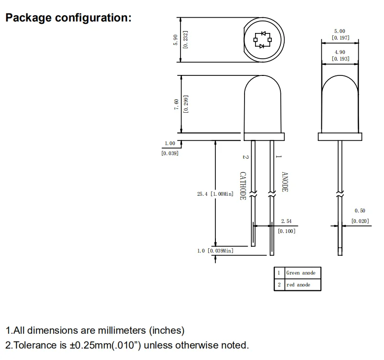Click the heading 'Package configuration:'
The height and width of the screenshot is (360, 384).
coord(68,18)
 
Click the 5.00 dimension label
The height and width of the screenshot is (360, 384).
coord(340,31)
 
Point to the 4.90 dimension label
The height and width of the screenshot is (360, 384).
coord(340,52)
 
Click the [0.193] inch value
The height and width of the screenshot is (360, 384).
coord(340,59)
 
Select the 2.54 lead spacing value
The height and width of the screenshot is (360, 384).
coord(286,222)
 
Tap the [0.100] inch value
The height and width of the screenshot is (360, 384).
coord(287,231)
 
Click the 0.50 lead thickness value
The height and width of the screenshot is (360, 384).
coord(360,211)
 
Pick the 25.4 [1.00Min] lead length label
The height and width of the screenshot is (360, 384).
coord(215,194)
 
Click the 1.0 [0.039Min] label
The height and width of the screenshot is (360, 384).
coord(215,251)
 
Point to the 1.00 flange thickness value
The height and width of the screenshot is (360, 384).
coord(170,143)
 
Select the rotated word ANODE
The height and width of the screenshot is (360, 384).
coord(285,182)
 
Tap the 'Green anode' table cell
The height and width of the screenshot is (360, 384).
coord(301,273)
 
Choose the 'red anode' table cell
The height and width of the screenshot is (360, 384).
coord(299,285)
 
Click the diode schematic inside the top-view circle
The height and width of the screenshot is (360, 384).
coord(262,40)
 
